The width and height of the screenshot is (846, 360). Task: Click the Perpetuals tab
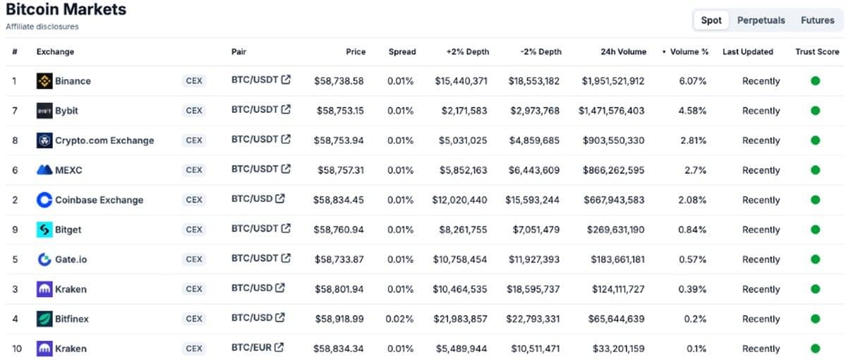coord(761,20)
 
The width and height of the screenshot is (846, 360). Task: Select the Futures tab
coord(817,20)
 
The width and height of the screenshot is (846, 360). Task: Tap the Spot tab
coord(711,20)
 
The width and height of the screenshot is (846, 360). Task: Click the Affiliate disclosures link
coord(42,26)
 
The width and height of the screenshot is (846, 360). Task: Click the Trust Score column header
coord(817,52)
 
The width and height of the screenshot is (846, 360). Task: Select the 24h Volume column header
coord(623,52)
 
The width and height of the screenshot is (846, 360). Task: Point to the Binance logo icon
coord(44,81)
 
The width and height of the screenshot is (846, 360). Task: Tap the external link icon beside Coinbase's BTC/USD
coord(280,198)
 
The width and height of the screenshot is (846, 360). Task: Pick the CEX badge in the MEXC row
coord(194,170)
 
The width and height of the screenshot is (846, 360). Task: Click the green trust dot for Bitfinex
coord(815,318)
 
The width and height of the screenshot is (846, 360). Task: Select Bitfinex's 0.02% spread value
coord(400,319)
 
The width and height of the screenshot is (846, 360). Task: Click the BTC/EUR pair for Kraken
coord(251,347)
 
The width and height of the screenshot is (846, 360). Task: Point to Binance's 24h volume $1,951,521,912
coord(613,81)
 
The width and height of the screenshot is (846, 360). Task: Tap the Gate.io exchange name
coord(71,259)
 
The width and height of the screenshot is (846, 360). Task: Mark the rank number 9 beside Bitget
coord(15,229)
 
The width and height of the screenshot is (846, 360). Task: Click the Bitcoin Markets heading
coord(66,9)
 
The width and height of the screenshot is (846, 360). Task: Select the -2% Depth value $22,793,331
coord(533,319)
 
